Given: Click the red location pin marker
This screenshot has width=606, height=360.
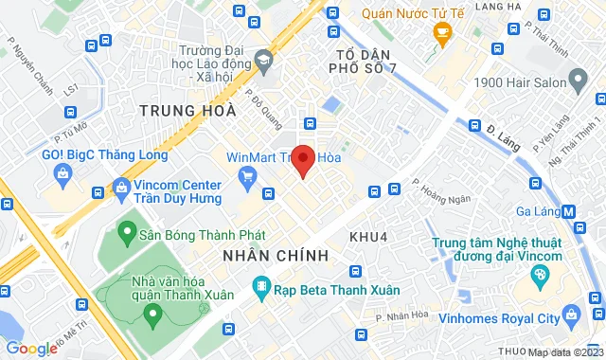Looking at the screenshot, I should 303,159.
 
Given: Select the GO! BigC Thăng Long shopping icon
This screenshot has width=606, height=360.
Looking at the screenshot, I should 62,173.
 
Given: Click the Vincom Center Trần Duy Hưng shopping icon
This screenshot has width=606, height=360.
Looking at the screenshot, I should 120,189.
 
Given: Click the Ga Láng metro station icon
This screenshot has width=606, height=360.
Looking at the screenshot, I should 567,212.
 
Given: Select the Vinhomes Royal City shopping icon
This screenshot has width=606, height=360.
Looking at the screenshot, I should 570,314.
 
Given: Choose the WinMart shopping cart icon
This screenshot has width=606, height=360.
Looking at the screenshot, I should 248,175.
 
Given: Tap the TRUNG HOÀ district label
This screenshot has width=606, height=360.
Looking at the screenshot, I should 187,112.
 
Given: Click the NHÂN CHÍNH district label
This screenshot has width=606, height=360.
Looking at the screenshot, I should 276,256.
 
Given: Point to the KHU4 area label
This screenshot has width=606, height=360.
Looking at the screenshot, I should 368,235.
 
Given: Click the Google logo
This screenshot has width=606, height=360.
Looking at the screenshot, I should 32,349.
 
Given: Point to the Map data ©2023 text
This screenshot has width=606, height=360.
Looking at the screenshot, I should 564,353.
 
